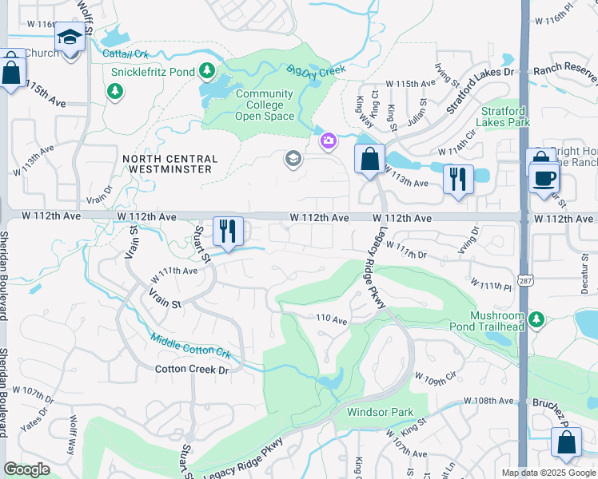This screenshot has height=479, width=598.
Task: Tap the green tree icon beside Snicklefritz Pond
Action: pyautogui.click(x=207, y=71)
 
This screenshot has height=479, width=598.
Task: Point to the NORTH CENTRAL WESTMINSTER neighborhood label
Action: pyautogui.click(x=168, y=164)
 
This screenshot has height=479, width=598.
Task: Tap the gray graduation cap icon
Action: pyautogui.click(x=293, y=160)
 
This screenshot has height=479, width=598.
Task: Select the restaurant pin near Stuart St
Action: pyautogui.click(x=228, y=232)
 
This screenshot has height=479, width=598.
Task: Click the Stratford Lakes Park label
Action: pyautogui.click(x=504, y=117)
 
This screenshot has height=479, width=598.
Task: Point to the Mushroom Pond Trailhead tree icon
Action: pyautogui.click(x=536, y=320)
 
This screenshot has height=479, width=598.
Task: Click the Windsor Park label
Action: pyautogui.click(x=380, y=412)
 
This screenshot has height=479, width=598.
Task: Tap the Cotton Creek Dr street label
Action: pyautogui.click(x=192, y=370)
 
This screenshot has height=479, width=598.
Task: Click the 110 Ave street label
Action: pyautogui.click(x=332, y=319)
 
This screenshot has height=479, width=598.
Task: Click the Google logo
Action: pyautogui.click(x=26, y=469)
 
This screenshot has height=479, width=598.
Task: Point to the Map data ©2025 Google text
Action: pyautogui.click(x=548, y=473)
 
